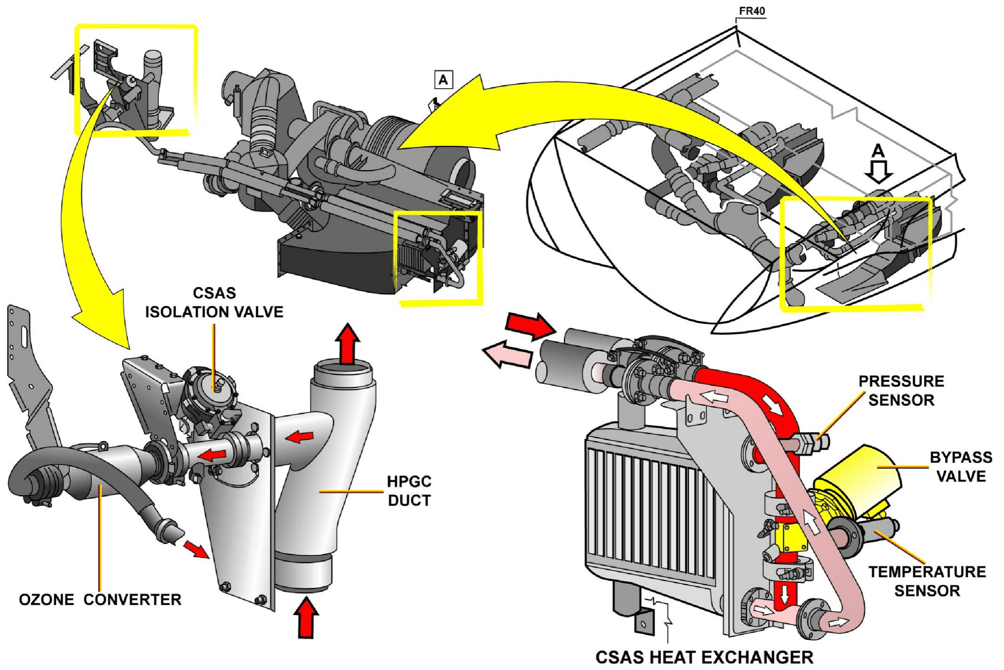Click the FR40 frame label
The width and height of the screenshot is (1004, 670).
tap(752, 11)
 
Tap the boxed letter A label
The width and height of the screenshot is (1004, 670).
tap(443, 80)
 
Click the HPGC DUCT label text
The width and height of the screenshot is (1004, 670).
tap(409, 491)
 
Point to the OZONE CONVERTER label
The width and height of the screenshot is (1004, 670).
tap(100, 599)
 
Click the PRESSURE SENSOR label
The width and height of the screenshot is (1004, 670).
tap(901, 390)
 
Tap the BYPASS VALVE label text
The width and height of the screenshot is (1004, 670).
tap(961, 467)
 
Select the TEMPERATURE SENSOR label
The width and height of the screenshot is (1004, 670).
tap(927, 581)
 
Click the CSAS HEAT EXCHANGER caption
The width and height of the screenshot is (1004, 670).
tap(704, 657)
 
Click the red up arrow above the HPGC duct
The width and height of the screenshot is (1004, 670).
tap(347, 343)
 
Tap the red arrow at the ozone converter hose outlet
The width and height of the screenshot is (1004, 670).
tap(196, 549)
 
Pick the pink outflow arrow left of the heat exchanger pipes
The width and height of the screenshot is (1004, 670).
tap(507, 353)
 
